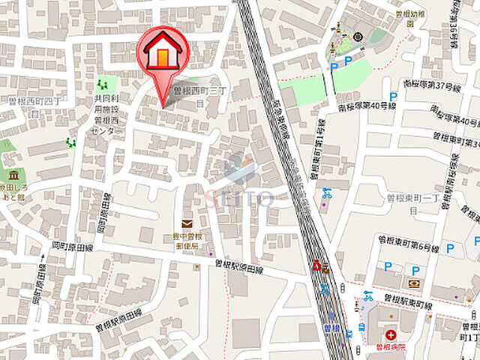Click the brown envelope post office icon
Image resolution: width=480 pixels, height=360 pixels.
tap(187, 223)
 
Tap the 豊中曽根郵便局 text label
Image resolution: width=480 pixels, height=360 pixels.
tap(187, 240)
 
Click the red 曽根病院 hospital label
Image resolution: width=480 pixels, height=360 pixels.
tap(390, 348)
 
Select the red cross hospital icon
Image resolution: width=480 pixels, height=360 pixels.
tap(390, 335)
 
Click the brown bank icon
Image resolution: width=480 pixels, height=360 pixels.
tap(414, 283)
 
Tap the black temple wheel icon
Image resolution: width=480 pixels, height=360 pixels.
tap(357, 36)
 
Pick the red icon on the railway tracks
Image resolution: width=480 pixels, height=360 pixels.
tap(318, 265)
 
